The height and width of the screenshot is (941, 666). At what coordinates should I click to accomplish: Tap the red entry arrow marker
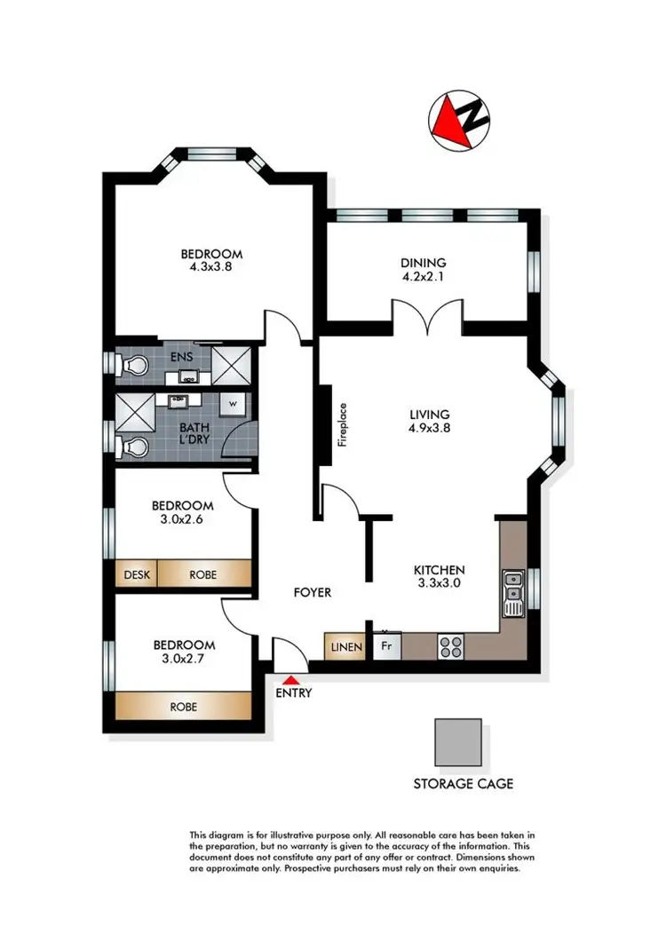tap(292, 679)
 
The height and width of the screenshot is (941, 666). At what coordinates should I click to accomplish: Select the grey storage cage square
tap(458, 741)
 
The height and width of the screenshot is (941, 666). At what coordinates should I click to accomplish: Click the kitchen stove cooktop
tap(450, 645)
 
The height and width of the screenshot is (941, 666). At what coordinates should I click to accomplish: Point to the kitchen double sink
tap(512, 592)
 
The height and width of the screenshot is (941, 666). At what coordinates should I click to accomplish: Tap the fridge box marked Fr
tap(387, 646)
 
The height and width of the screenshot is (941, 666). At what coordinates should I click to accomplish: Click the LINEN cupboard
tap(345, 647)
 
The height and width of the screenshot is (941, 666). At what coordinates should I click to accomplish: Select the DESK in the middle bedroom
tap(136, 574)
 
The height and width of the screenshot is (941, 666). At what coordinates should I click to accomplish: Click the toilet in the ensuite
tap(133, 365)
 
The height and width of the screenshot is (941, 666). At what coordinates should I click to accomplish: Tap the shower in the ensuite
tap(232, 364)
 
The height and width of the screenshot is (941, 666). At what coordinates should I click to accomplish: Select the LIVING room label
tap(430, 414)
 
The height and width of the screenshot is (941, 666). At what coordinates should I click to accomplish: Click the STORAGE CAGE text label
tap(463, 784)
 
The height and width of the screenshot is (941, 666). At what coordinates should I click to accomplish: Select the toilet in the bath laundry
tap(133, 446)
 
